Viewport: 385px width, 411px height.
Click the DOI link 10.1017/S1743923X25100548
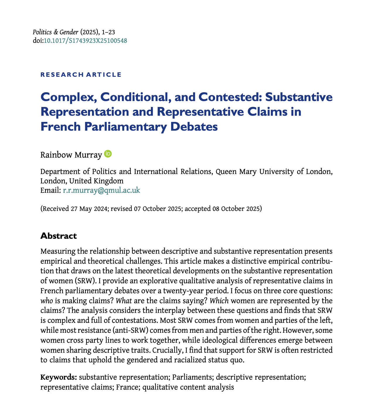(x=85, y=41)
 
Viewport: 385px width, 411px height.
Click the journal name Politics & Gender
(x=55, y=33)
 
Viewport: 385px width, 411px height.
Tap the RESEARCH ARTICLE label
(x=81, y=74)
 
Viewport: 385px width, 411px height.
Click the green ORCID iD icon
(x=108, y=154)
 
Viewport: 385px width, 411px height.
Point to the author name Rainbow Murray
(x=71, y=154)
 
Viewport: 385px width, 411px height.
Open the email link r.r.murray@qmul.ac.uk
(x=101, y=190)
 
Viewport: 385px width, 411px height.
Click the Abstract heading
(x=58, y=236)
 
